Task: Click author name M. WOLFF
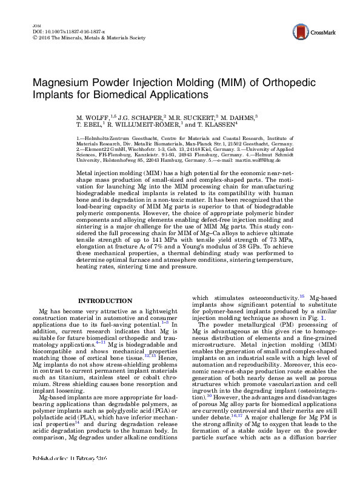point(92,115)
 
